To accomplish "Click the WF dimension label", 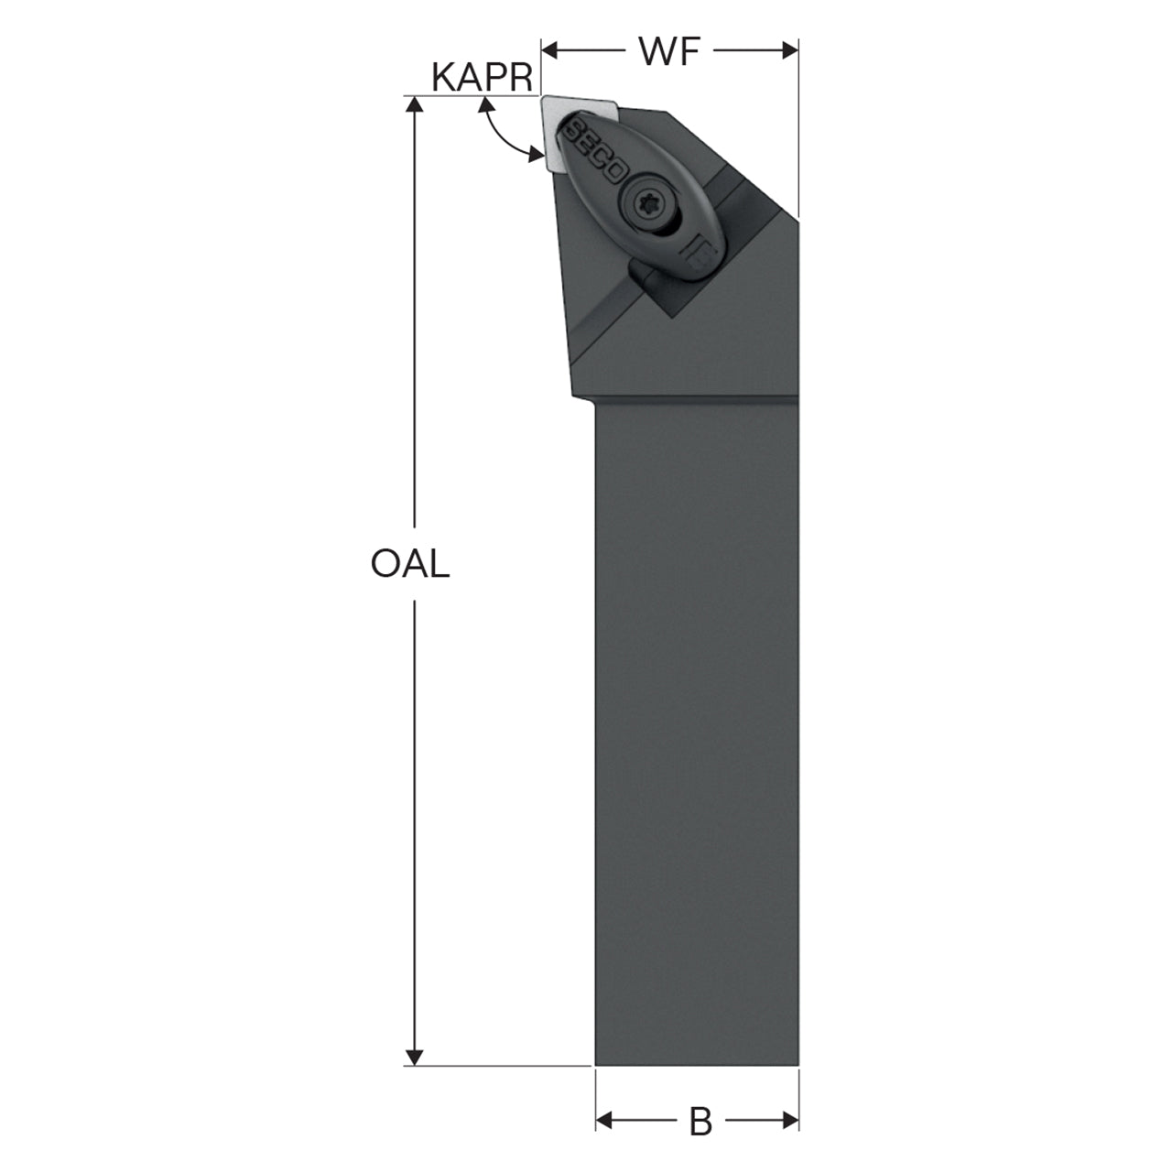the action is tap(669, 51).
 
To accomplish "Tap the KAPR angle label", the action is tap(482, 78).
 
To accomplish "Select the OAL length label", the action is tap(410, 564).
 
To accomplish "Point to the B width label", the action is tap(700, 1121).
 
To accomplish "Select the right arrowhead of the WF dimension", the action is tap(790, 51).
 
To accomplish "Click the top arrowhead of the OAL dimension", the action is tap(414, 104).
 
